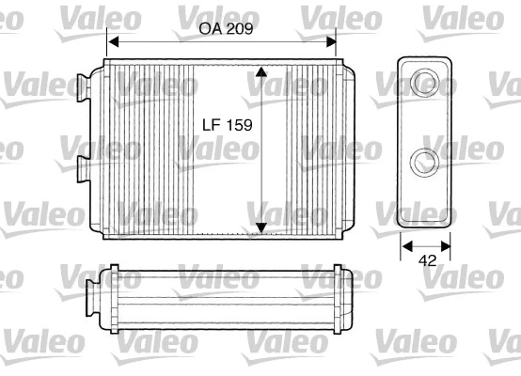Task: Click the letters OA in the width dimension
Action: tap(211, 28)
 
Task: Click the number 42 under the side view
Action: tap(428, 264)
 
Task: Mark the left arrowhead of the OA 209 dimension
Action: tap(112, 41)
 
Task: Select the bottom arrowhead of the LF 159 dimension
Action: tap(261, 226)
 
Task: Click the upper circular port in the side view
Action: tap(425, 80)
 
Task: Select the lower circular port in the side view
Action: tap(425, 161)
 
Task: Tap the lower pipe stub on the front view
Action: tap(83, 169)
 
